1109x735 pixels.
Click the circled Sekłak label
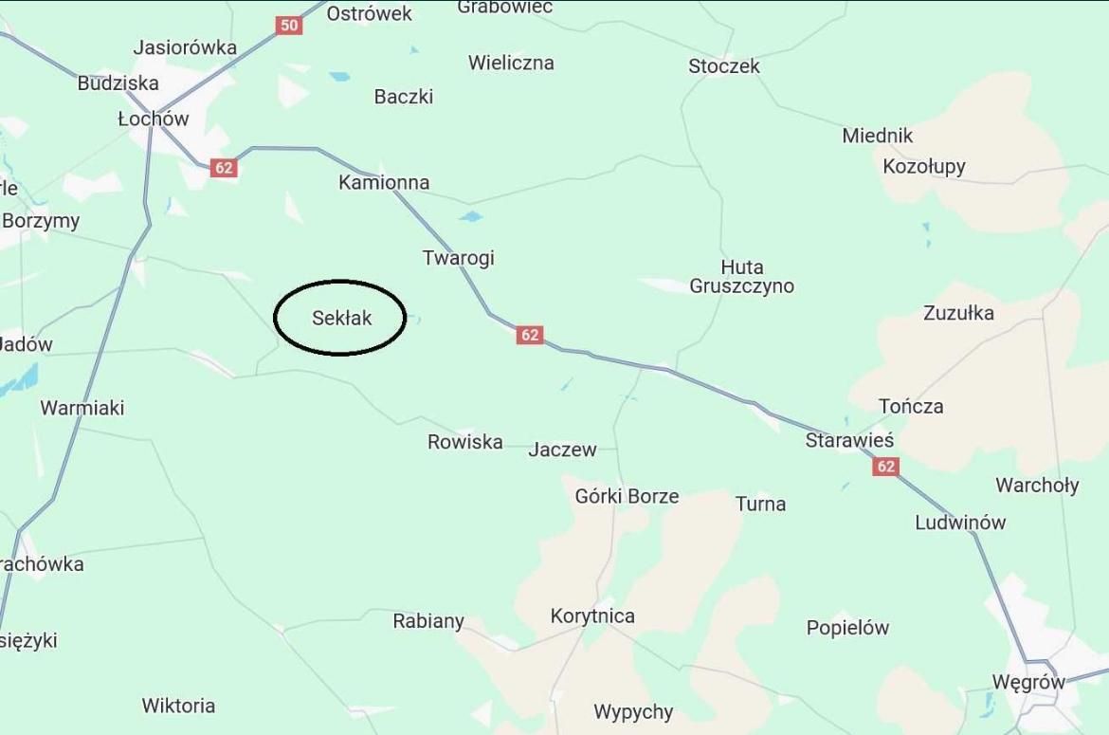point(341,319)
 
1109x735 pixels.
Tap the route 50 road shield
point(289,26)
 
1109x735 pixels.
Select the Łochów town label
point(154,119)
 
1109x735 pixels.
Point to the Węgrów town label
point(1028,682)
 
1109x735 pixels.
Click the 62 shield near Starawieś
point(885,467)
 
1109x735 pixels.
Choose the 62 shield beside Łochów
point(224,169)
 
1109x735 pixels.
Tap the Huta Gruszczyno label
point(741,277)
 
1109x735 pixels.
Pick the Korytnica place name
point(592,616)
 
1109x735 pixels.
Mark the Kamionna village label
point(384,182)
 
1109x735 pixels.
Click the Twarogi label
point(458,258)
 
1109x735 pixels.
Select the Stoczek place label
point(724,66)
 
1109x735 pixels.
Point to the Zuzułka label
point(958,313)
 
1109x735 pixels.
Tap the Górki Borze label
point(627,496)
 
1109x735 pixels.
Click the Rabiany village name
point(428,621)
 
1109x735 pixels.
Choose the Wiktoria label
point(178,706)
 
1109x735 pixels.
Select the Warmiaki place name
point(82,408)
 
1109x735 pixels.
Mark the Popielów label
point(847,628)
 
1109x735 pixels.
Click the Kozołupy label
point(923,167)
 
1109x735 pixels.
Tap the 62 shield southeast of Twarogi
point(530,335)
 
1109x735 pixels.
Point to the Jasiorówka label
point(185,47)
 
